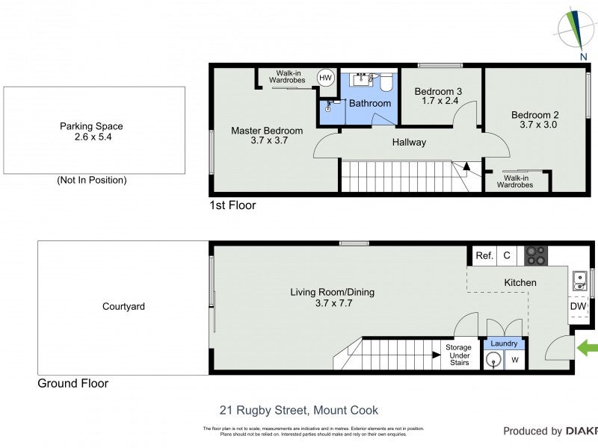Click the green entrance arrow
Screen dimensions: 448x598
pyautogui.click(x=588, y=346)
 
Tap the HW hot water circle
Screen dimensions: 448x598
pyautogui.click(x=326, y=78)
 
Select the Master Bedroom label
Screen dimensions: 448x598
pyautogui.click(x=267, y=131)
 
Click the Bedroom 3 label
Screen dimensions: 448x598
pyautogui.click(x=438, y=92)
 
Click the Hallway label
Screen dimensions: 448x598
pyautogui.click(x=409, y=142)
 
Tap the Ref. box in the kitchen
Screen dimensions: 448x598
pyautogui.click(x=484, y=256)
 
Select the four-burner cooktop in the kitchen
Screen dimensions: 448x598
pyautogui.click(x=535, y=255)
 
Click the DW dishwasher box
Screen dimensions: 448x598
pyautogui.click(x=578, y=306)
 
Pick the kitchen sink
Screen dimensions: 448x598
pyautogui.click(x=579, y=280)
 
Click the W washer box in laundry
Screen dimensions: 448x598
pyautogui.click(x=514, y=360)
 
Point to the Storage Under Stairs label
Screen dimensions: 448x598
pyautogui.click(x=458, y=355)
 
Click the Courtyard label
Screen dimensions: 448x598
pyautogui.click(x=123, y=306)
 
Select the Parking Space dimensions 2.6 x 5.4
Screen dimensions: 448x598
pyautogui.click(x=91, y=137)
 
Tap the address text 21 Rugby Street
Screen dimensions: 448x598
pyautogui.click(x=298, y=410)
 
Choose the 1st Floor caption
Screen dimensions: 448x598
pyautogui.click(x=232, y=205)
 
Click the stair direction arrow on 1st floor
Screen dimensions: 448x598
pyautogui.click(x=466, y=167)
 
